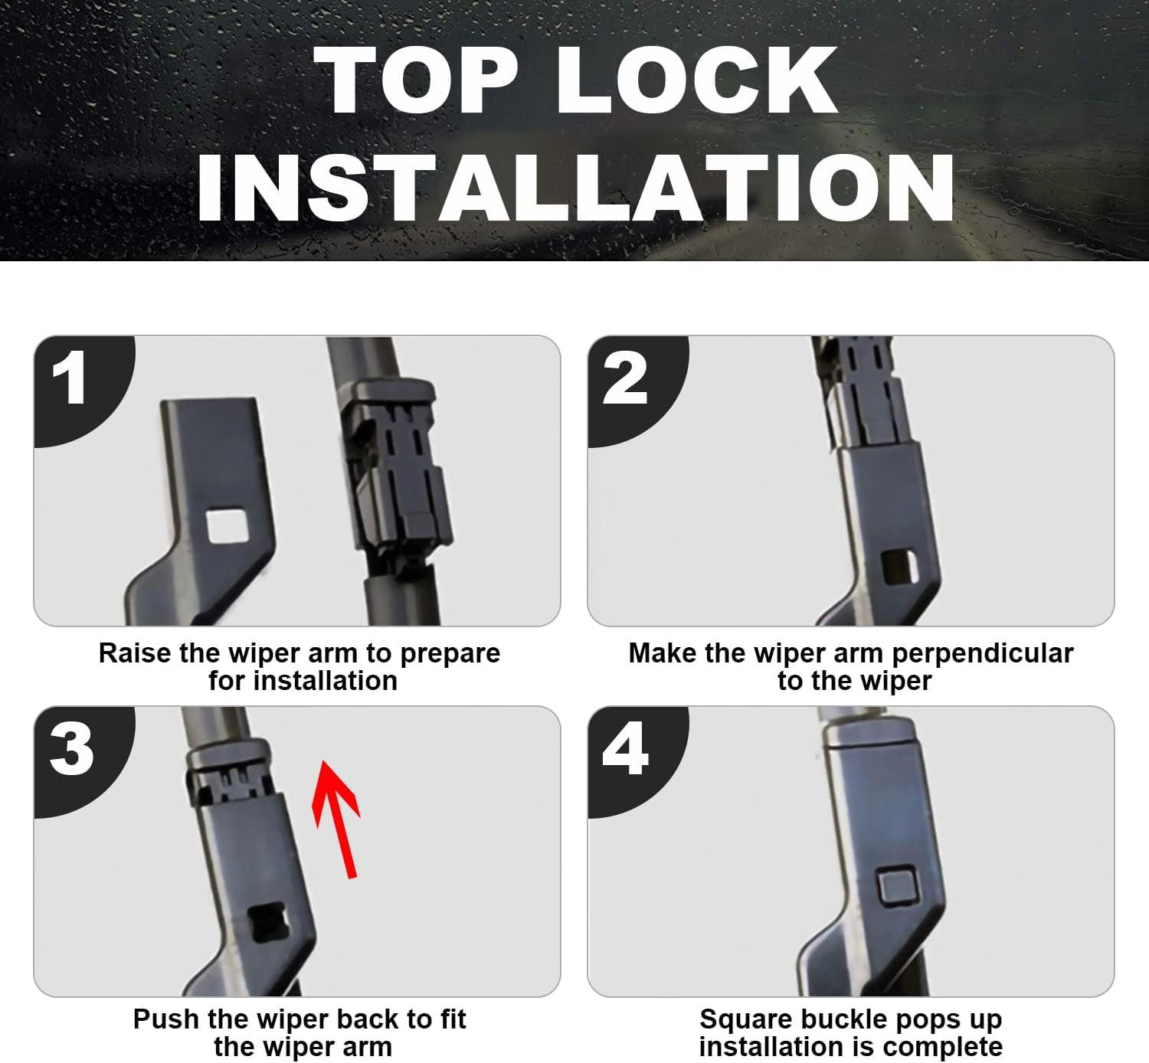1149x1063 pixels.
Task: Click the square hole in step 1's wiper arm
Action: pos(228,526)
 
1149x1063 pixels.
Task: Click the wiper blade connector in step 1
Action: pos(395,473)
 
